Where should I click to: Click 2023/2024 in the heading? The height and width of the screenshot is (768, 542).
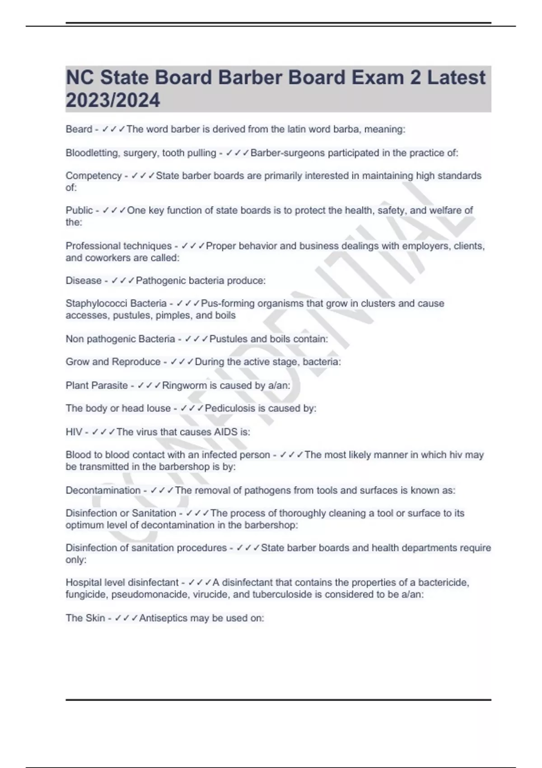click(112, 100)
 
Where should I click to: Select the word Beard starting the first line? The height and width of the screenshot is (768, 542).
click(79, 129)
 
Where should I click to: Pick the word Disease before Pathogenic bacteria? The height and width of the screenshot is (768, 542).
click(84, 281)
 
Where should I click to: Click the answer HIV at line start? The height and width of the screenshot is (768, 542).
click(74, 432)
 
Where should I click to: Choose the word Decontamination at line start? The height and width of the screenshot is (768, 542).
click(103, 491)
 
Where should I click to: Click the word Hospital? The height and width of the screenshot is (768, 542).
click(84, 583)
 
